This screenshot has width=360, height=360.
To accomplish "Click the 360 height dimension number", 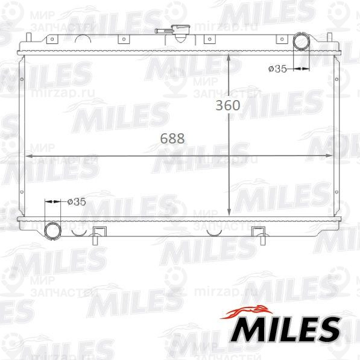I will pyautogui.click(x=229, y=106).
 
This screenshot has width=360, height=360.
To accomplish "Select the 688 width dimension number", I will pyautogui.click(x=172, y=138).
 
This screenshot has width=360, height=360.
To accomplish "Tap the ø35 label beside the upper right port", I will pyautogui.click(x=277, y=69).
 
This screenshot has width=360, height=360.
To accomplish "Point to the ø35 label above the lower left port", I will pyautogui.click(x=76, y=201).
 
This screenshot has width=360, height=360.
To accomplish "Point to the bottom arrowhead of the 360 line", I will pyautogui.click(x=229, y=212).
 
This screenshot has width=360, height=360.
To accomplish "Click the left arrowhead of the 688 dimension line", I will pyautogui.click(x=28, y=156).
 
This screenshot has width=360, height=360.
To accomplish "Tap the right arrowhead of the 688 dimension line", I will pyautogui.click(x=331, y=156).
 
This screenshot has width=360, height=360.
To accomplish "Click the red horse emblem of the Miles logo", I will pyautogui.click(x=248, y=311).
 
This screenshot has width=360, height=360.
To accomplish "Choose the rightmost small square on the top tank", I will pyautogui.click(x=281, y=39).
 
